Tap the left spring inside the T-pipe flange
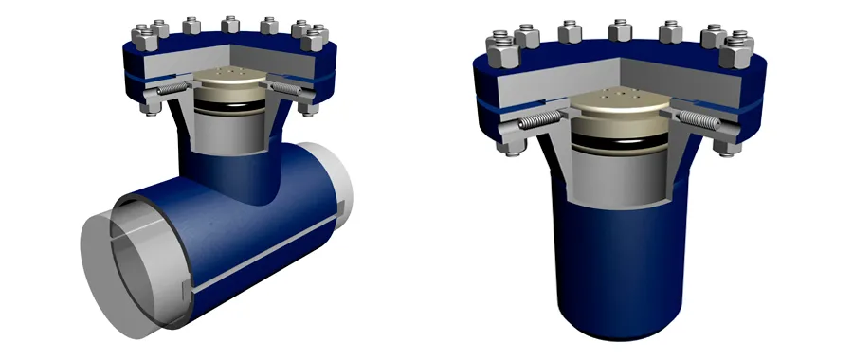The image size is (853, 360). point(172,89)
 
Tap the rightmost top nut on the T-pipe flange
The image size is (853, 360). point(316,40)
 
